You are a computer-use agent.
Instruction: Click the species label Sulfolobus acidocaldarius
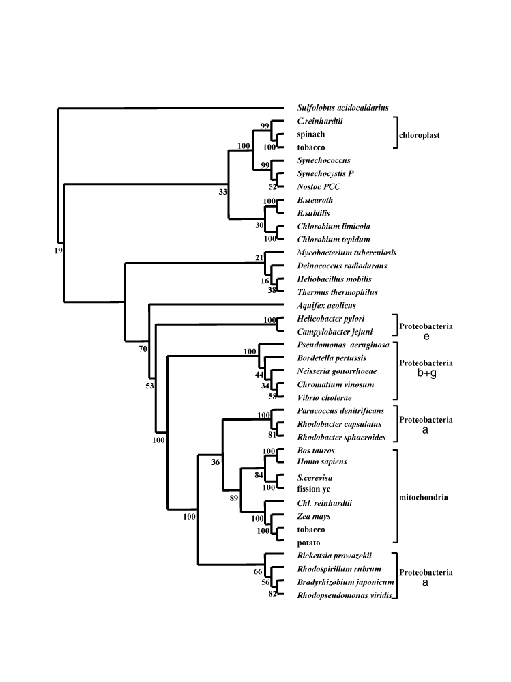coord(342,108)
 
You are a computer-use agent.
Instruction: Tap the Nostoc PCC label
coord(319,186)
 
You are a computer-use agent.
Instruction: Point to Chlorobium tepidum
coord(333,239)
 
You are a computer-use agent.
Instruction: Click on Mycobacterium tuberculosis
coord(347,253)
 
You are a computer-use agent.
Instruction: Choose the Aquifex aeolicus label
coord(327,305)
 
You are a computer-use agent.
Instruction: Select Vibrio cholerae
coord(325,397)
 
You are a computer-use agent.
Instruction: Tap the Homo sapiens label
coord(321,463)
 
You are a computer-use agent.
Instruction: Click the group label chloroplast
coord(419,135)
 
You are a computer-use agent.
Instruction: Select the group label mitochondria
coord(423,497)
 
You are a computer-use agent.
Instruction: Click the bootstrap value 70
coord(143,350)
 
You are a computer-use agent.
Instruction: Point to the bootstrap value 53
coord(149,386)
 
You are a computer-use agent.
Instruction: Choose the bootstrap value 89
coord(233,498)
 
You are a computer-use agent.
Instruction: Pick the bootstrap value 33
coord(222,192)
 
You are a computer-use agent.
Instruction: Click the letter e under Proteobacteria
coord(426,337)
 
